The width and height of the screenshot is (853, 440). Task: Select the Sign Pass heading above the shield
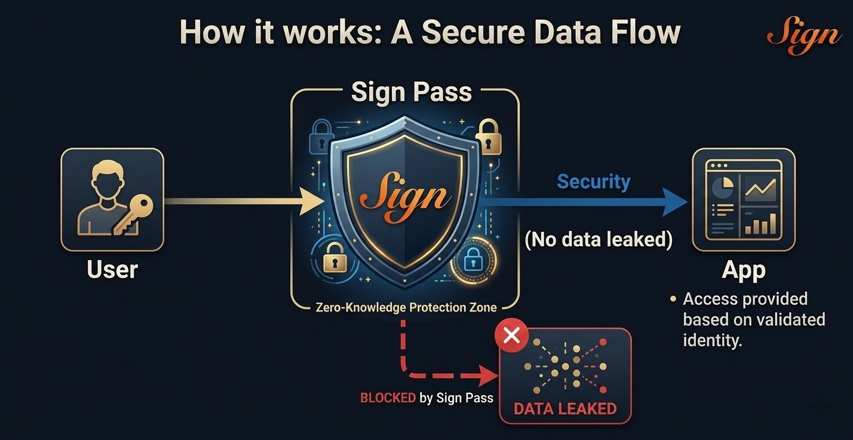pyautogui.click(x=412, y=92)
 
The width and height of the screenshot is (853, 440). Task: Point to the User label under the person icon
pyautogui.click(x=112, y=270)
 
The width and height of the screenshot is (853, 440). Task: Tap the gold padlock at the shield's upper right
pyautogui.click(x=487, y=137)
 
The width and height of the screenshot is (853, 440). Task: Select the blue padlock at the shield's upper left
pyautogui.click(x=320, y=137)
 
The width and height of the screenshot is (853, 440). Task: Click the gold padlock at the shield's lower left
pyautogui.click(x=335, y=259)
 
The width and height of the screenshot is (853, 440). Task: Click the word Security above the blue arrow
pyautogui.click(x=593, y=182)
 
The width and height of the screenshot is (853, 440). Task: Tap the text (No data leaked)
pyautogui.click(x=599, y=240)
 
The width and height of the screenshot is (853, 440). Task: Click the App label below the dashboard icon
pyautogui.click(x=744, y=270)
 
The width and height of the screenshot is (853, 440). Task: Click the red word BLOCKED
pyautogui.click(x=388, y=398)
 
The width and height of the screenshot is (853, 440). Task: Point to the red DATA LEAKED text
pyautogui.click(x=564, y=410)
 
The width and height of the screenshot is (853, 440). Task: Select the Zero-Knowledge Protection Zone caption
pyautogui.click(x=406, y=307)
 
